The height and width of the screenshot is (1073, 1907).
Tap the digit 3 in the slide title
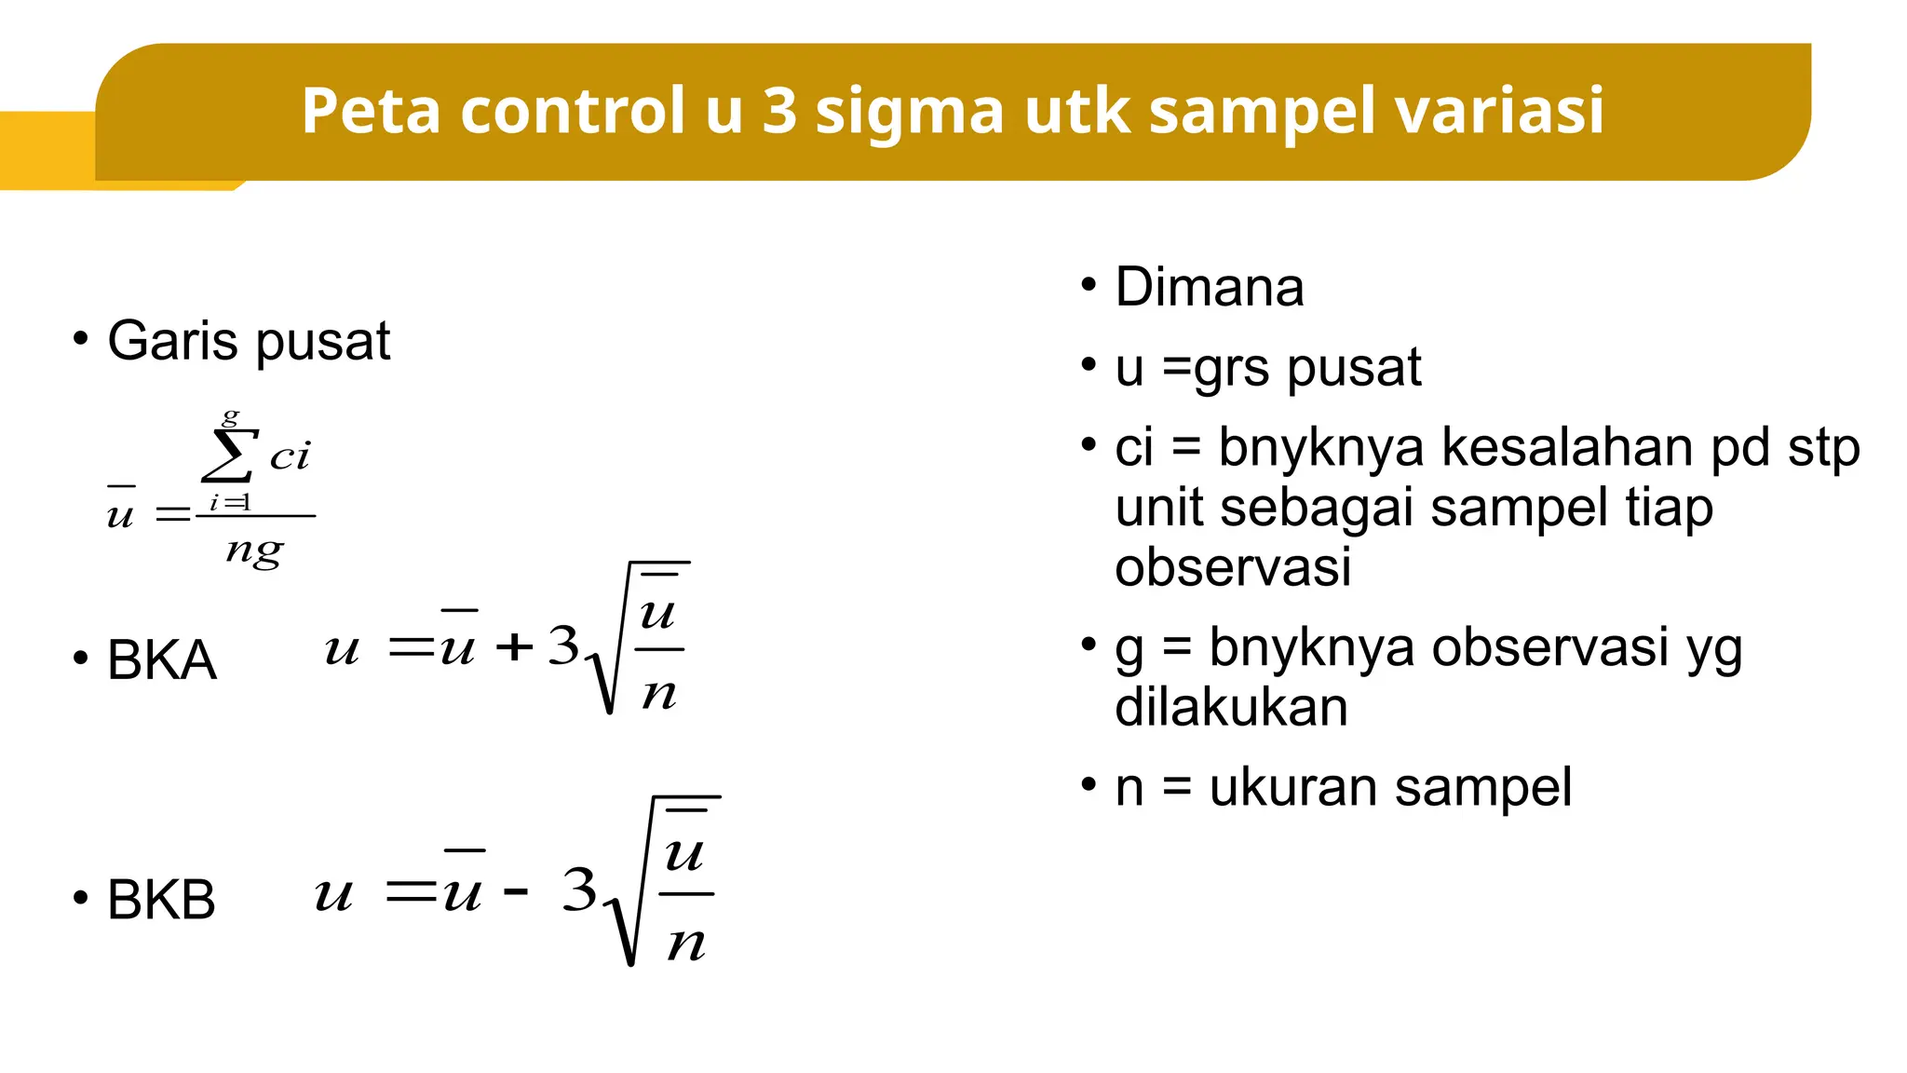coord(779,110)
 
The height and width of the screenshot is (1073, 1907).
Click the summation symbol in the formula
coord(229,454)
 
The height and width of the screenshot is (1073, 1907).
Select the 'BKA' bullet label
coord(162,660)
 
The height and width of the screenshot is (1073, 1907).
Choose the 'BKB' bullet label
coord(161,900)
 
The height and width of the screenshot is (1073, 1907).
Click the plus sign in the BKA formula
coord(514,646)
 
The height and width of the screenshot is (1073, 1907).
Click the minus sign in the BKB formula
coord(515,891)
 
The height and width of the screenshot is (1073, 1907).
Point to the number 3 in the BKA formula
coord(563,645)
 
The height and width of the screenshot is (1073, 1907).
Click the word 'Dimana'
coord(1209,287)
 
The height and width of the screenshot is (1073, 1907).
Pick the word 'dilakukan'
coord(1231,708)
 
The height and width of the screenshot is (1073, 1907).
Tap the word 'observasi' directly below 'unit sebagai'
coord(1233,567)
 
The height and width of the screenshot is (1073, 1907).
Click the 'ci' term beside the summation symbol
coord(290,455)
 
